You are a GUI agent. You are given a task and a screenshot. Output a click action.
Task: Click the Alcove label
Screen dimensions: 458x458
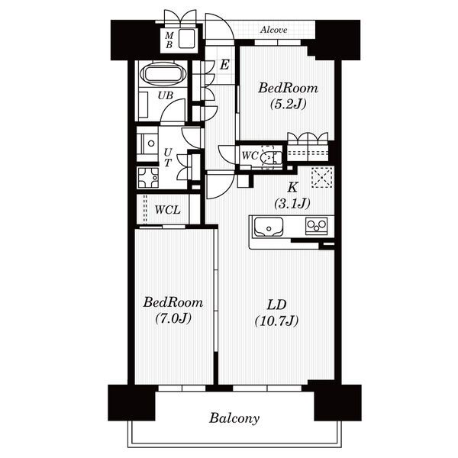273,30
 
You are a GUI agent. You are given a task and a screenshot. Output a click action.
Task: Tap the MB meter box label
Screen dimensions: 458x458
169,40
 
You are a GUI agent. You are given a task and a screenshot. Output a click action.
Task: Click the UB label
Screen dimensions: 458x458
166,95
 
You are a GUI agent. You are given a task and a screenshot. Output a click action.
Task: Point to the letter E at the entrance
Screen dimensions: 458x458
224,65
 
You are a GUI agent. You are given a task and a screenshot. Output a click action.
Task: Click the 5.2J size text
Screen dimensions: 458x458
289,104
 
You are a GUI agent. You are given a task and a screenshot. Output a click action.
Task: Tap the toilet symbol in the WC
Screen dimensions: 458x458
269,157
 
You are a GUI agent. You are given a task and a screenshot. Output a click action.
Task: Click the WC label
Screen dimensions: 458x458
250,156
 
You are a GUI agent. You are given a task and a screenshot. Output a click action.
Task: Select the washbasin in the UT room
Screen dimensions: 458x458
147,144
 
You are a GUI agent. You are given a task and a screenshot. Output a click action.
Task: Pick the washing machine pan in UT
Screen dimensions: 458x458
148,177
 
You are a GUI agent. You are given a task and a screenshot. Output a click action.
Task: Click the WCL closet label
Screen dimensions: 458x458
167,210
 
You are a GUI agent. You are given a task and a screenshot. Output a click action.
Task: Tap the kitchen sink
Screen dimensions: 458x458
269,227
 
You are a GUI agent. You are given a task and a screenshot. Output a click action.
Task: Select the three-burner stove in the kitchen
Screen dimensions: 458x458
316,226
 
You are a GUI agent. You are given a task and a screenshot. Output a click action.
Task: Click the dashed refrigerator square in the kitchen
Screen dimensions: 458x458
322,177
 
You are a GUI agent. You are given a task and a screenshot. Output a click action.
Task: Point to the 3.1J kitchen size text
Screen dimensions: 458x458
292,203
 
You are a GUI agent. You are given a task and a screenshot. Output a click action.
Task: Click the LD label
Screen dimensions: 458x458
276,305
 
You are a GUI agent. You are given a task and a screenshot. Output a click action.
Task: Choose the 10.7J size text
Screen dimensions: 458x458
276,321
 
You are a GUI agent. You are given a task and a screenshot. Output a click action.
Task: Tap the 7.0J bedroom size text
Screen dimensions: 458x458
173,318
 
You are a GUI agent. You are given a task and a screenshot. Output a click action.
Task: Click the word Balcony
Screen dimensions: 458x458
234,418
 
